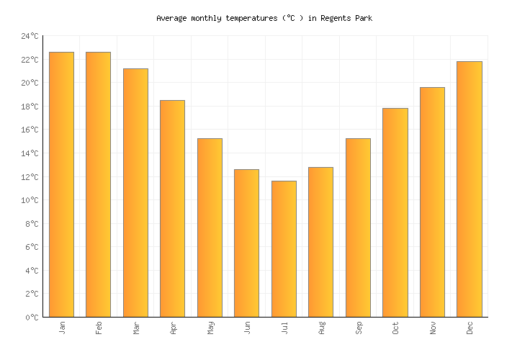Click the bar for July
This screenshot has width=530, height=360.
point(284,248)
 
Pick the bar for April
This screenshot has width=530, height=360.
point(172,208)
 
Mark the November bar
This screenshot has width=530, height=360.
point(432,202)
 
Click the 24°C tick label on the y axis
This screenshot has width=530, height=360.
point(30,36)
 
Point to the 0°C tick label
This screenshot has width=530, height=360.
point(32,317)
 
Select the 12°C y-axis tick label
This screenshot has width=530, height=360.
point(30,176)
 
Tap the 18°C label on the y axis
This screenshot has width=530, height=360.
point(30,107)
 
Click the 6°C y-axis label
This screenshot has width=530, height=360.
point(32,247)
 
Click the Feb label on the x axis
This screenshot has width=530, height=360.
point(99,328)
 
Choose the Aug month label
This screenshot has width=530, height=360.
point(321,328)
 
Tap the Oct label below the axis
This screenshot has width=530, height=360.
point(395,328)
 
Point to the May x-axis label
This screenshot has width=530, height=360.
point(210,328)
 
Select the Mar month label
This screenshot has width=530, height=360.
point(136,328)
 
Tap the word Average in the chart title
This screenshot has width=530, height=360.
point(174,18)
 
